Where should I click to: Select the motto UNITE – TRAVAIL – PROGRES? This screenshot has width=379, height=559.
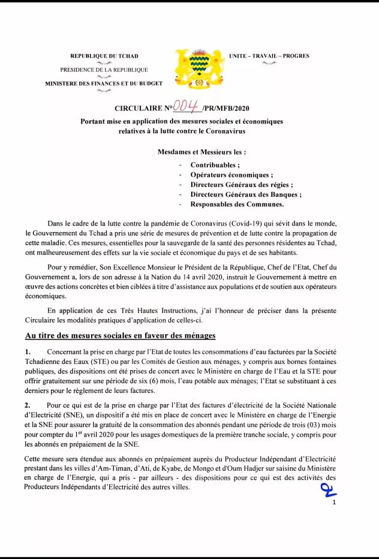[x=269, y=56]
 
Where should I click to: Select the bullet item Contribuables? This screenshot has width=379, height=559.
[x=215, y=165]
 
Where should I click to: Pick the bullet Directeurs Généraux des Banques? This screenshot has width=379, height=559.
[x=246, y=194]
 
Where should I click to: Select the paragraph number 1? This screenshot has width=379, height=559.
[x=28, y=351]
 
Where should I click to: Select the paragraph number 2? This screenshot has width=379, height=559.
[x=28, y=406]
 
